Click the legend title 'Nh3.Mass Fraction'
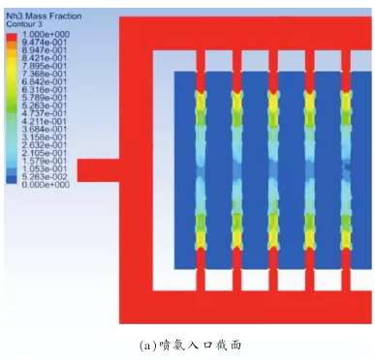pyautogui.click(x=44, y=15)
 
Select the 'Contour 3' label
pyautogui.click(x=24, y=24)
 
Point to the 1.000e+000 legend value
pyautogui.click(x=46, y=34)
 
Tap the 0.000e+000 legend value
pyautogui.click(x=46, y=185)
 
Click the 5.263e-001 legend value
pyautogui.click(x=45, y=105)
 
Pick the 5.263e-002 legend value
pyautogui.click(x=45, y=177)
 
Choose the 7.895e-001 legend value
pyautogui.click(x=45, y=66)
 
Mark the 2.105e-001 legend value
pyautogui.click(x=45, y=153)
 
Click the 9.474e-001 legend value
pyautogui.click(x=45, y=43)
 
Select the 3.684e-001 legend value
pyautogui.click(x=45, y=129)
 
